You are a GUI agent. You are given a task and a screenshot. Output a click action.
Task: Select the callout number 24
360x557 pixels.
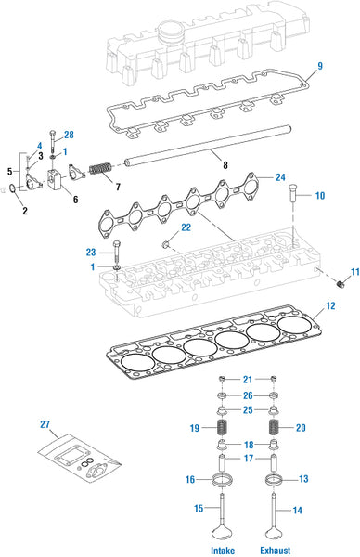click(281, 176)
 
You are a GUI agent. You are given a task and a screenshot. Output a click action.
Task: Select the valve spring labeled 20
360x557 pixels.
click(275, 427)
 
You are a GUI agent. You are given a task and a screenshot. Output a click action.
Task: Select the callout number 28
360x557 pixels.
click(69, 136)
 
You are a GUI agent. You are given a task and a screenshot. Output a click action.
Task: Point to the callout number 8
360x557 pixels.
click(225, 165)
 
